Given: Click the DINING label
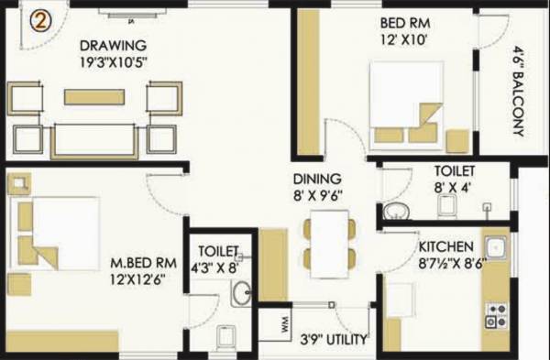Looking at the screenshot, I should [x=317, y=178].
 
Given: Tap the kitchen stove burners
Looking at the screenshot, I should [x=496, y=316].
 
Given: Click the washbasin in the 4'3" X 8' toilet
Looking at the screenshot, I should [x=241, y=293].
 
